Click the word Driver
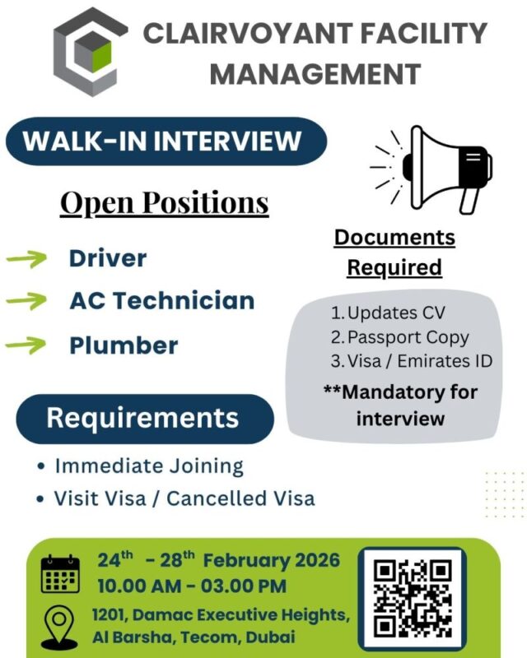pyautogui.click(x=107, y=258)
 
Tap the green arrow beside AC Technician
pyautogui.click(x=26, y=302)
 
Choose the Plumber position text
pyautogui.click(x=123, y=345)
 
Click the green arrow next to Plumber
pyautogui.click(x=26, y=345)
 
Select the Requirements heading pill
pyautogui.click(x=142, y=418)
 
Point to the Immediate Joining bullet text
pyautogui.click(x=149, y=466)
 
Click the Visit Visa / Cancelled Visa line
pyautogui.click(x=184, y=498)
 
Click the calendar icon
pyautogui.click(x=61, y=574)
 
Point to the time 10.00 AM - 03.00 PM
pyautogui.click(x=192, y=586)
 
